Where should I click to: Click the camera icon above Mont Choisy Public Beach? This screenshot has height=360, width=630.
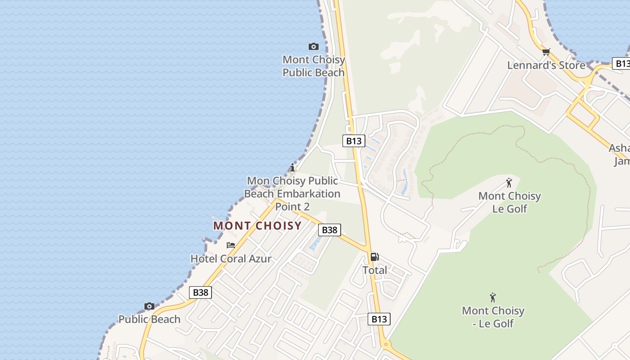coord(314,46)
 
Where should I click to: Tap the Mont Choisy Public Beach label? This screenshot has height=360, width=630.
coord(314,66)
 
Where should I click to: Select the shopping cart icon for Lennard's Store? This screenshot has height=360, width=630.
coord(546,52)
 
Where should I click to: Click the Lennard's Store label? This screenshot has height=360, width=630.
coord(546,65)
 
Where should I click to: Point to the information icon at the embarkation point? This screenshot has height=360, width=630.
coord(292,168)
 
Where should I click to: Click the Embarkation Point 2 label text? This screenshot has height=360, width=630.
coord(292,194)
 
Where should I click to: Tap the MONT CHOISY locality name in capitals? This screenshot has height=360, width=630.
coord(257,226)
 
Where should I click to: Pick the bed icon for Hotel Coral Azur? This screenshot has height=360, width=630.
coord(231,245)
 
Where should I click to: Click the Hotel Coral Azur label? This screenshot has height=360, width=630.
coord(231,259)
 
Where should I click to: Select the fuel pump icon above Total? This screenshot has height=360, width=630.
coord(374,257)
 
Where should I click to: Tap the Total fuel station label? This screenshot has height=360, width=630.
coord(374,270)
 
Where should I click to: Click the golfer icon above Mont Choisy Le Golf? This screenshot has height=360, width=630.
coord(509,183)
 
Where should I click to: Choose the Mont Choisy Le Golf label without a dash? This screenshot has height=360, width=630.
coord(509,202)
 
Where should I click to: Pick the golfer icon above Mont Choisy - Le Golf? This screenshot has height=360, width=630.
coord(493,297)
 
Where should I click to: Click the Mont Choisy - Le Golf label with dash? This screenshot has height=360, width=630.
coord(493,317)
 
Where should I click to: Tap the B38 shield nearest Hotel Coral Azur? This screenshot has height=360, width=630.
coord(200,292)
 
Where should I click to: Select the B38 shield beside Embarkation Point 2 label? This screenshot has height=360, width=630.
coord(329,230)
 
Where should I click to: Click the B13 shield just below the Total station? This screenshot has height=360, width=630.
coord(379,319)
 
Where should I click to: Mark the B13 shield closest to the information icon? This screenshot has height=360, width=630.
coord(353,141)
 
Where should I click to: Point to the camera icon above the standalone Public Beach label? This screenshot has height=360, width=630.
coord(149,306)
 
